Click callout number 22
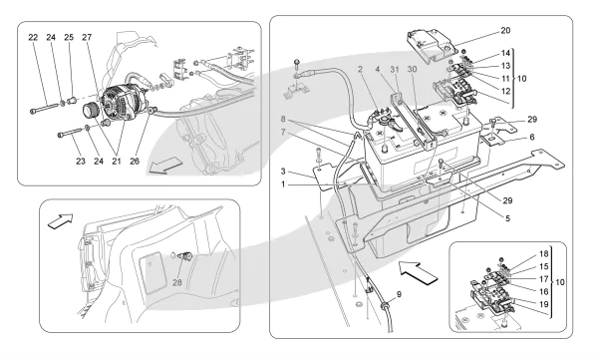pos(33,38)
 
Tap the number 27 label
pos(87,38)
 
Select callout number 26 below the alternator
pos(135,162)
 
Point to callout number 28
pos(177,282)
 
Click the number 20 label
pos(505,31)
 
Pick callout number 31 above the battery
pos(395,70)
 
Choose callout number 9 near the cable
pos(399,294)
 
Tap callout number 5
pos(507,218)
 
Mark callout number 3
pos(283,172)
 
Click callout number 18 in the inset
pos(544,254)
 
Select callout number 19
pos(544,304)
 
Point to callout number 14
pos(505,53)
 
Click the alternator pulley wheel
pos(91,111)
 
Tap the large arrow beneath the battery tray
pos(418,272)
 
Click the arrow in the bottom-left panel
pos(60,221)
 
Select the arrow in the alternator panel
pos(163,166)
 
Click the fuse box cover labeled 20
pos(431,46)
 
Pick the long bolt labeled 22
pos(46,108)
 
